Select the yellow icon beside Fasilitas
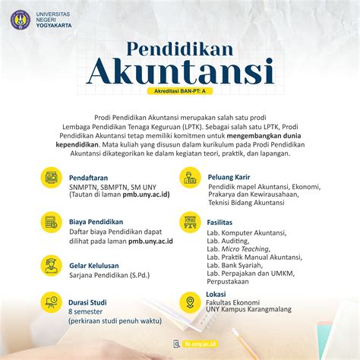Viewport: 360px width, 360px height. pos(190,222)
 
